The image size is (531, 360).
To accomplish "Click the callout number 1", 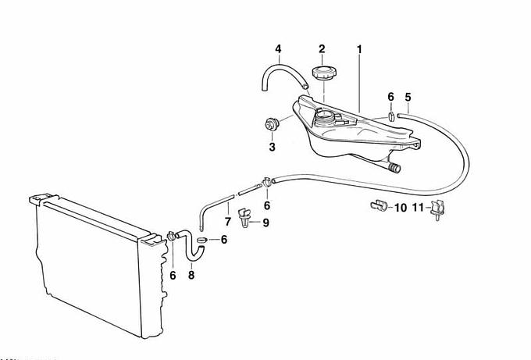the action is tap(359, 49).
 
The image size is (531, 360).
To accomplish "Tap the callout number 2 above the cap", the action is tap(322, 48).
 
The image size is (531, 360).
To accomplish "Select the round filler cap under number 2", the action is tap(324, 73).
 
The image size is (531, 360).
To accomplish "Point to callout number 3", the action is tap(272, 148).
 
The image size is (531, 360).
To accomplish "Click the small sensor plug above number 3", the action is tap(271, 124).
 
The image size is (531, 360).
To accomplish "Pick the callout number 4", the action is tap(278, 48).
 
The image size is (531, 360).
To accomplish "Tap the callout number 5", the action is tap(408, 97).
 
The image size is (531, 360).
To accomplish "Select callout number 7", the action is tap(227, 222).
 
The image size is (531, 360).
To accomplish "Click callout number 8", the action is tap(191, 275).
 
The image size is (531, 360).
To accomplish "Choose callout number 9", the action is tap(265, 223).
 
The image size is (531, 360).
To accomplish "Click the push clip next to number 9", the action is tap(245, 218).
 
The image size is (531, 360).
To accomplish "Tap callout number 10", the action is tap(401, 207).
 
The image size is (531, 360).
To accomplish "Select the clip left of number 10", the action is tap(380, 205).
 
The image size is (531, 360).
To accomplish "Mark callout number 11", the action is tap(419, 207).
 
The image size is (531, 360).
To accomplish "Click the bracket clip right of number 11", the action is tap(437, 209).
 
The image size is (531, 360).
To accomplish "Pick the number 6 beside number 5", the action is tap(390, 97).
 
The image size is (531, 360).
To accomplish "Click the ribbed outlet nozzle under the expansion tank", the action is tap(394, 168).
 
